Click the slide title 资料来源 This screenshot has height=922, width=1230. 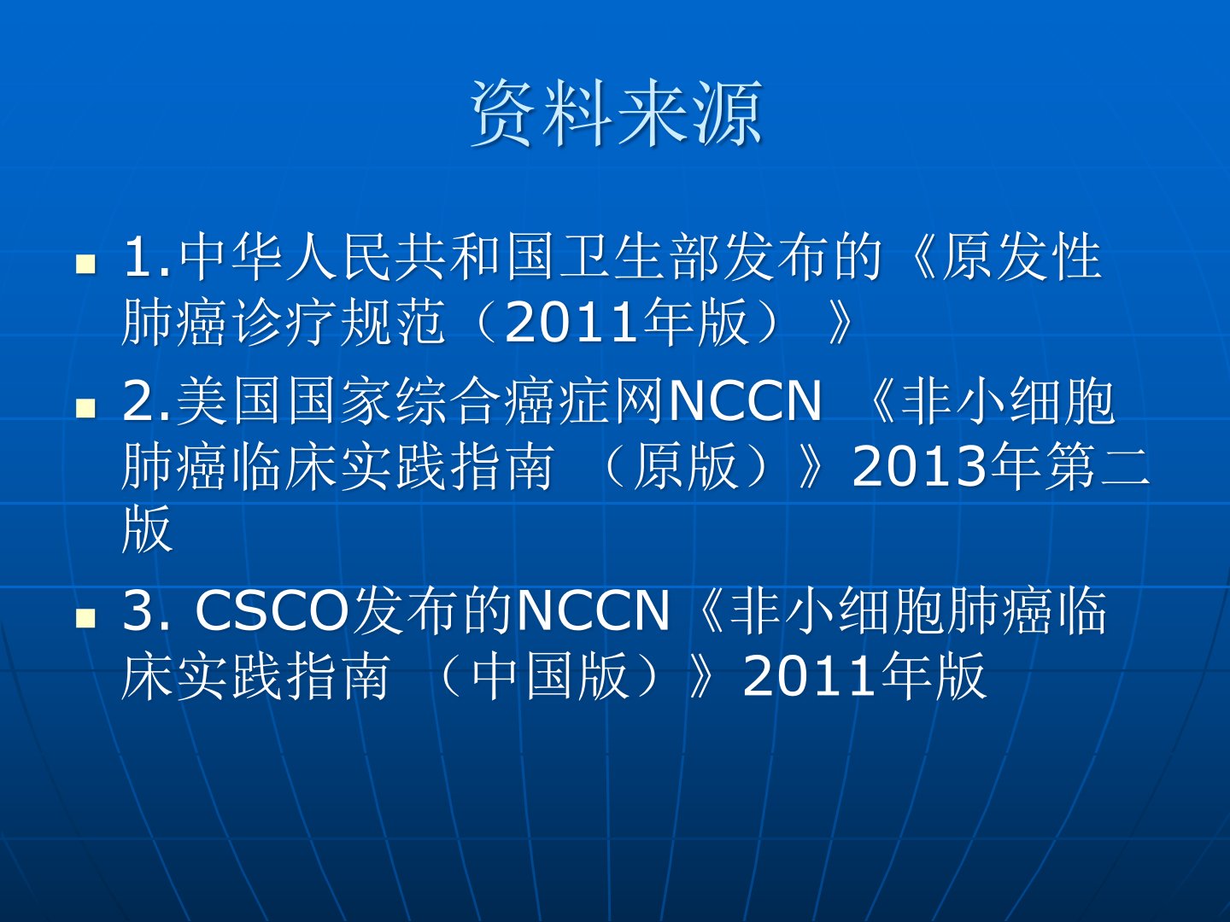click(617, 114)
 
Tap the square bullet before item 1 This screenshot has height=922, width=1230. click(85, 265)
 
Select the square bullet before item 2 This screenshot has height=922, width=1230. click(85, 408)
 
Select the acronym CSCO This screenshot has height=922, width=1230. click(272, 611)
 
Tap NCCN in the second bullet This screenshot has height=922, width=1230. click(746, 401)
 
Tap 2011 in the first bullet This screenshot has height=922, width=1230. click(572, 323)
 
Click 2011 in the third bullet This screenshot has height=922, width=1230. click(811, 678)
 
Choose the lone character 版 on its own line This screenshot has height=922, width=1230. click(148, 529)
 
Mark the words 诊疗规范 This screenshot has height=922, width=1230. click(340, 321)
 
